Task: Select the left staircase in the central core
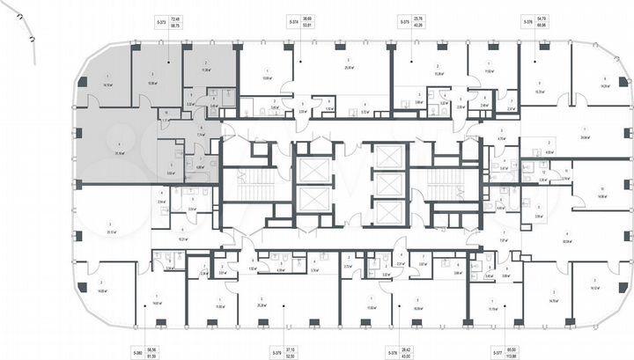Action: pos(262,185)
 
